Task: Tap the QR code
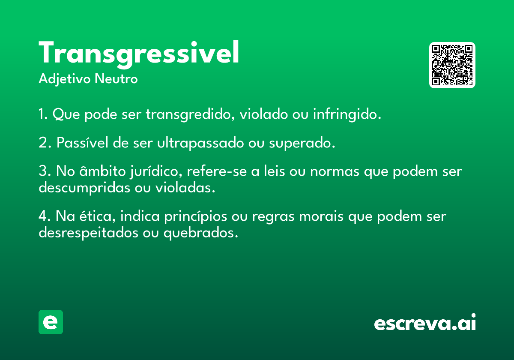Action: tap(452, 65)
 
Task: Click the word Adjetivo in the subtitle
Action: tap(65, 79)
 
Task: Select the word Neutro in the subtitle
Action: tap(116, 79)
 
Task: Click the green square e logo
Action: tap(51, 322)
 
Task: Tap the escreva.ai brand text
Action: tap(425, 322)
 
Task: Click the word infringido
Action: tap(347, 114)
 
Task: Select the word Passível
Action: tap(82, 142)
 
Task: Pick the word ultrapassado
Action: tap(200, 143)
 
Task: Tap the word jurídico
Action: tap(156, 171)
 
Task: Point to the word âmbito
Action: tap(102, 171)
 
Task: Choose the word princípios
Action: tap(195, 217)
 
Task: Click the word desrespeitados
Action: tap(88, 233)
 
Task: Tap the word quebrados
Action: tap(201, 233)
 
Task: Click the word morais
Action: tap(321, 216)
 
